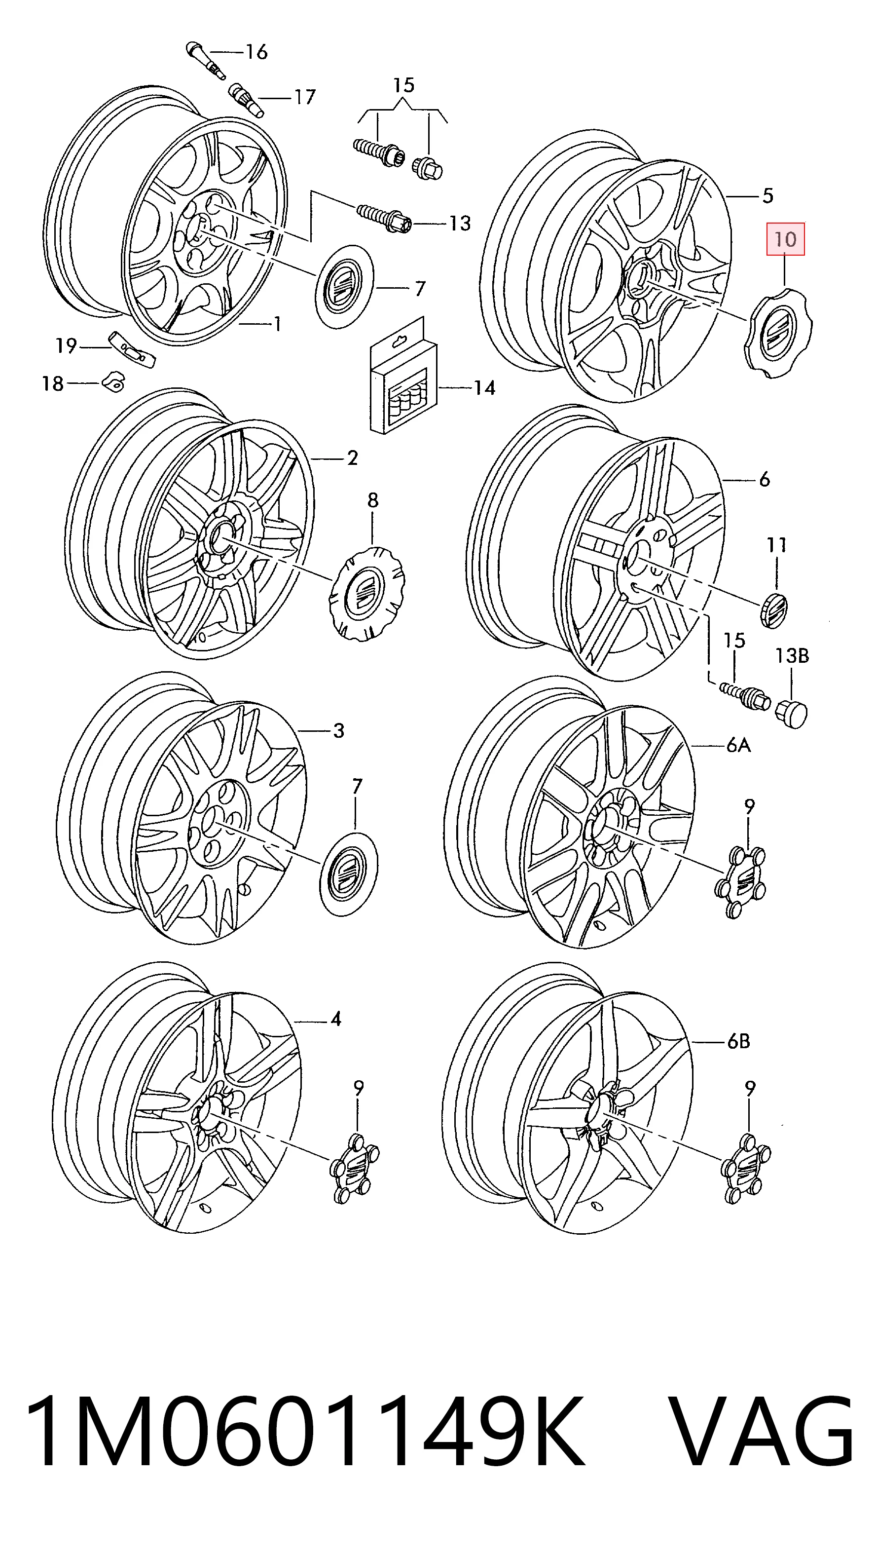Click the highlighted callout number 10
coord(785,239)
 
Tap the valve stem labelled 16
coord(206,60)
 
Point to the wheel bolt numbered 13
coord(384,218)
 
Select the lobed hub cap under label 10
coord(777,332)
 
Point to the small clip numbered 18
coord(113,381)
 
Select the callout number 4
coord(336,1020)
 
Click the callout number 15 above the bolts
coord(404,85)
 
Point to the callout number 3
coord(339,731)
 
